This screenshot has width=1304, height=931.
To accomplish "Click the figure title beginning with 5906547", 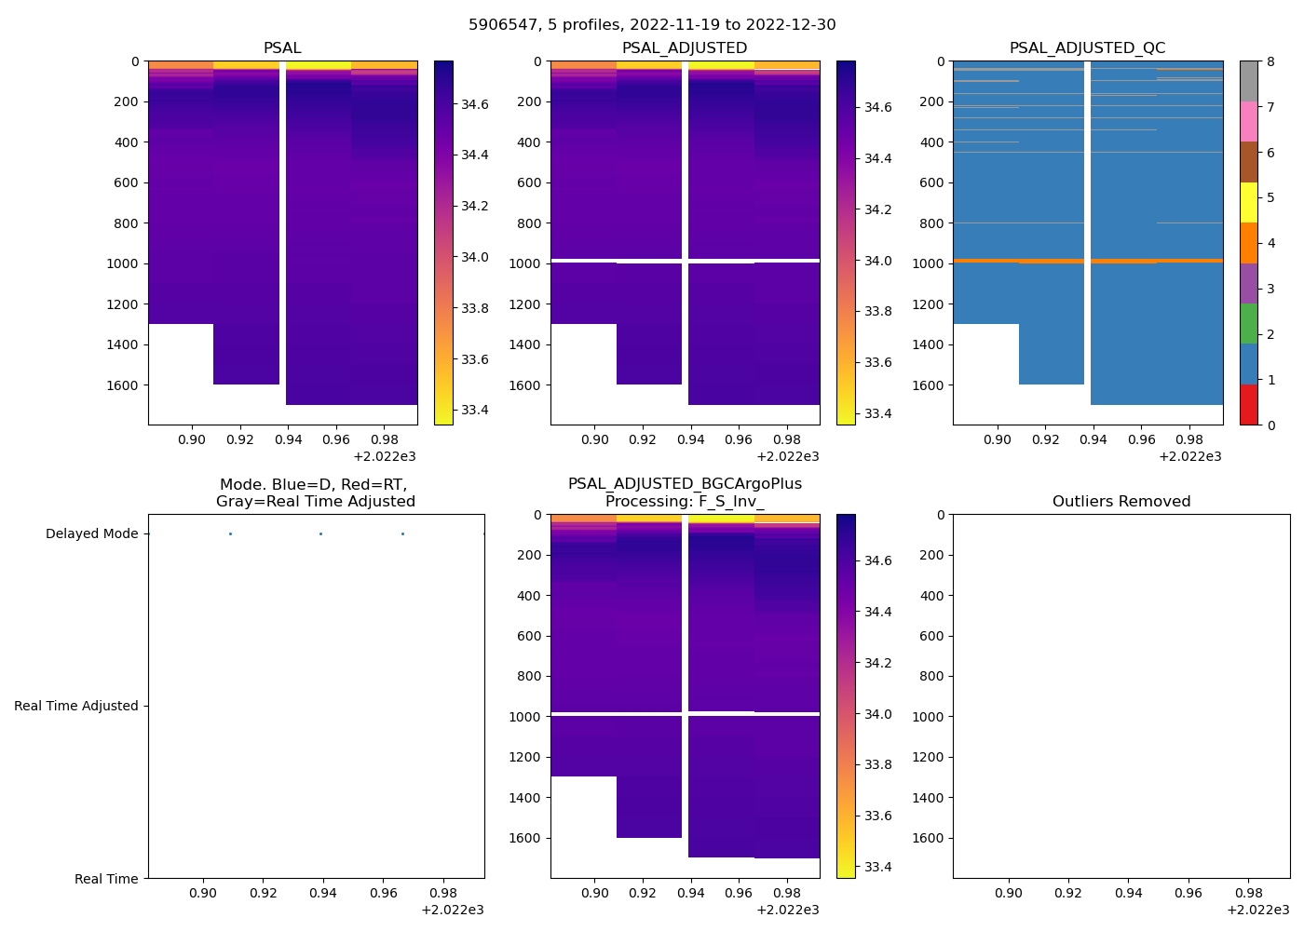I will click(x=652, y=25).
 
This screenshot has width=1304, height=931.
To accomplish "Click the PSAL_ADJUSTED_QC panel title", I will click(x=1087, y=48).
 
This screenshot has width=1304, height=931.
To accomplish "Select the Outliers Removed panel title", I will click(x=1121, y=502).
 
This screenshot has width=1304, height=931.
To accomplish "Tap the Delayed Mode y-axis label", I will click(x=91, y=534).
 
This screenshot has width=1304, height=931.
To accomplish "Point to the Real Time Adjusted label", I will click(x=76, y=707).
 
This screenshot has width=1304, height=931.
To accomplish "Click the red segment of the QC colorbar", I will click(x=1248, y=405).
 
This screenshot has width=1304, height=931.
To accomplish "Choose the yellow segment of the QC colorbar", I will click(x=1248, y=202).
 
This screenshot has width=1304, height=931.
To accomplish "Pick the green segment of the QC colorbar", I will click(x=1248, y=324).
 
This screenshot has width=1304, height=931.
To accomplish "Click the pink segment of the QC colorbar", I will click(x=1248, y=121).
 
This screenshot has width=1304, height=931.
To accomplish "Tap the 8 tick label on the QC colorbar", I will click(x=1270, y=62).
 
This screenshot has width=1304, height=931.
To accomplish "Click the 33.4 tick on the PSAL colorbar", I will click(x=475, y=411).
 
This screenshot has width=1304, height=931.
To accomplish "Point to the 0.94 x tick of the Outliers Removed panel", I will click(x=1128, y=894).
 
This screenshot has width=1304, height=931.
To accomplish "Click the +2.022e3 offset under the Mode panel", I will click(x=452, y=911).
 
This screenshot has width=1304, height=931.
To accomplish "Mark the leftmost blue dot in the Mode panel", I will click(x=230, y=534).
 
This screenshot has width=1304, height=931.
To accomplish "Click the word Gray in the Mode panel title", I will click(x=235, y=502).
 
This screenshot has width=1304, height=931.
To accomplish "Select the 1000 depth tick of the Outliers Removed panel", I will click(x=928, y=717).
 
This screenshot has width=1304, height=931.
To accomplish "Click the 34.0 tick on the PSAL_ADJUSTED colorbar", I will click(x=877, y=261).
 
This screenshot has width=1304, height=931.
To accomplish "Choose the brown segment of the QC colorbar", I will click(x=1248, y=162).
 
